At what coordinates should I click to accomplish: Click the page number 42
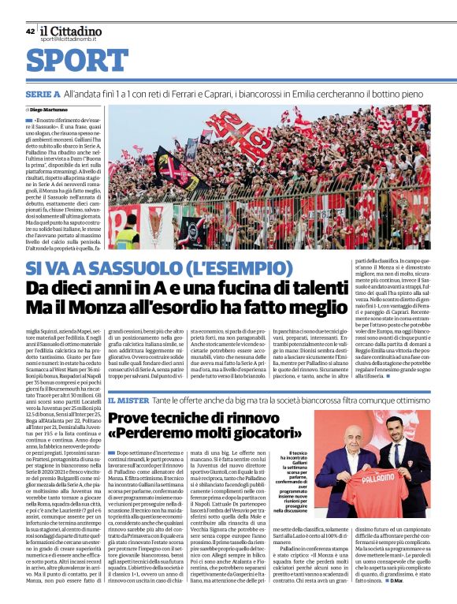point(30,32)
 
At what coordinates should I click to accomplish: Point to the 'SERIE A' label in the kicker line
point(42,94)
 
